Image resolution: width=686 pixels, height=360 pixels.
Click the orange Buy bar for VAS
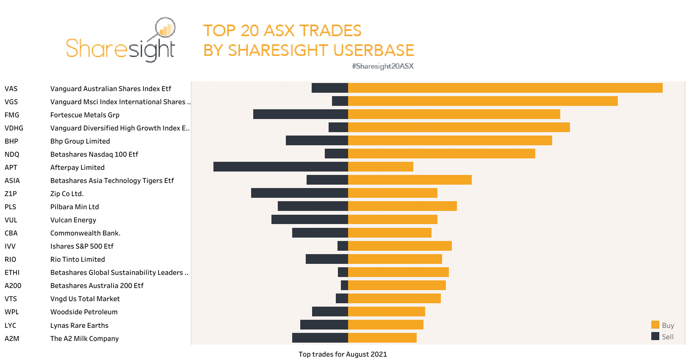(x=505, y=88)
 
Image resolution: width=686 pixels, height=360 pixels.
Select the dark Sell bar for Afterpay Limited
(x=280, y=167)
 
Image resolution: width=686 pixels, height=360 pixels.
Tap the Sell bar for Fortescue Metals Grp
(x=300, y=114)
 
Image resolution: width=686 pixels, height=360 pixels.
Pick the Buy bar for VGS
(x=483, y=101)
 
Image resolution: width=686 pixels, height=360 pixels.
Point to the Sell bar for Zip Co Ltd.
(x=299, y=193)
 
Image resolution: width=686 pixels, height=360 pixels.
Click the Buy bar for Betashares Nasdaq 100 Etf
(x=441, y=154)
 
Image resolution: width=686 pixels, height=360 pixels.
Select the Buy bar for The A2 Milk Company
(x=382, y=338)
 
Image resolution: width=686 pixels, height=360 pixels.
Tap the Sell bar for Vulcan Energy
(x=310, y=219)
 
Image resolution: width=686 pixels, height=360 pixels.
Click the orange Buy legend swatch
(x=655, y=325)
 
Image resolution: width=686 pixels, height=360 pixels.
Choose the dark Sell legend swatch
(x=655, y=336)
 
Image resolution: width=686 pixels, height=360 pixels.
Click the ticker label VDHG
(x=14, y=128)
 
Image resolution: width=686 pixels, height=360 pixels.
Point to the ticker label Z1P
(x=11, y=194)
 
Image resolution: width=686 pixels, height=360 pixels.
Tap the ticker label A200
(x=13, y=285)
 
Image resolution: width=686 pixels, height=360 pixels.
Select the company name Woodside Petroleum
(x=84, y=312)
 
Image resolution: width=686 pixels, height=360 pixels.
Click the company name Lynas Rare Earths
(x=79, y=325)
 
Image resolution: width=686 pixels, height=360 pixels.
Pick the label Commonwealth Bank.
(x=85, y=233)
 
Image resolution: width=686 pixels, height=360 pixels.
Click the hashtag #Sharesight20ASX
(x=382, y=66)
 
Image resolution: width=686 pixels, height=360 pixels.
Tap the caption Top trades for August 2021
(x=343, y=354)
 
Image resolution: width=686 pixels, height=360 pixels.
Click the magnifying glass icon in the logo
(x=165, y=28)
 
